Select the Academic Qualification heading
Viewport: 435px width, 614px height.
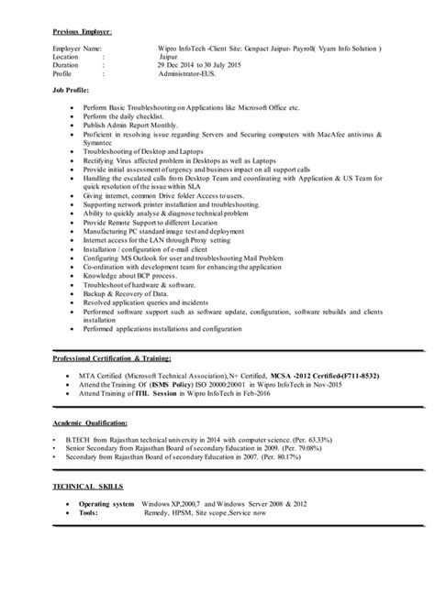[x=90, y=422]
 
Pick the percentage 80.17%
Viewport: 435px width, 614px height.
[x=355, y=460]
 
